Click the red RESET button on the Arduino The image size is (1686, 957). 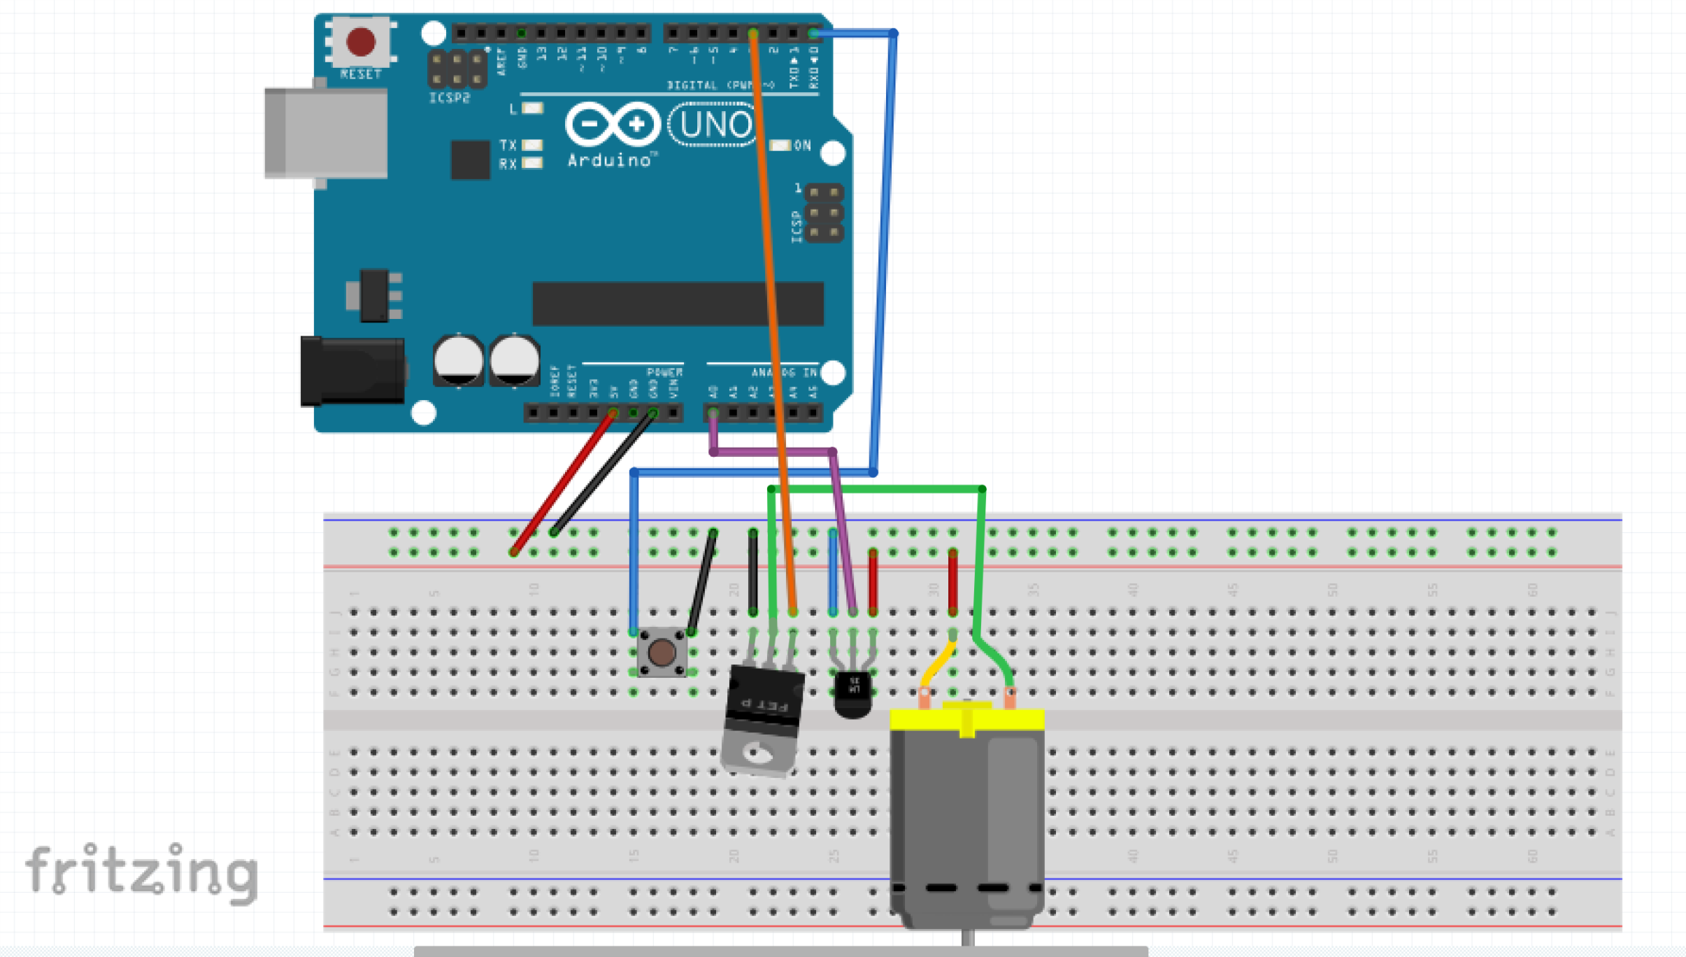pyautogui.click(x=361, y=42)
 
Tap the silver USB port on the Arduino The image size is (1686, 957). pyautogui.click(x=327, y=133)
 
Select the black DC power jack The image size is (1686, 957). pyautogui.click(x=353, y=371)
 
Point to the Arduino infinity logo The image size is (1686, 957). pyautogui.click(x=613, y=125)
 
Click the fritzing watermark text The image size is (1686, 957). pyautogui.click(x=143, y=871)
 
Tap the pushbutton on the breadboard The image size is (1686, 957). pyautogui.click(x=662, y=653)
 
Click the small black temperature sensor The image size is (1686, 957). pyautogui.click(x=853, y=693)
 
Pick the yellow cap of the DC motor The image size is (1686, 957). pyautogui.click(x=967, y=719)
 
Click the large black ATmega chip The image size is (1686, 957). pyautogui.click(x=678, y=304)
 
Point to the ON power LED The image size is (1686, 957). pyautogui.click(x=780, y=146)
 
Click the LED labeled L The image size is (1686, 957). pyautogui.click(x=532, y=108)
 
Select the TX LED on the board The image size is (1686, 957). pyautogui.click(x=532, y=145)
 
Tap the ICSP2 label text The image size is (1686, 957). pyautogui.click(x=449, y=98)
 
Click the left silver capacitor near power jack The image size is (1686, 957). pyautogui.click(x=458, y=360)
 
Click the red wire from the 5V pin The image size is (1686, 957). pyautogui.click(x=563, y=483)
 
